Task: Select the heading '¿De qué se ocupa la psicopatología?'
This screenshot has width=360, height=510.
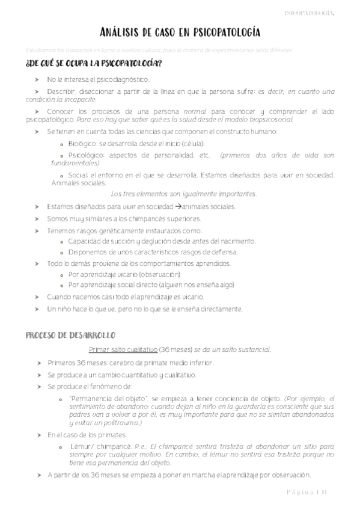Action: point(93,63)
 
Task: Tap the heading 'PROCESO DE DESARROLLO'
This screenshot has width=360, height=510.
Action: point(71,334)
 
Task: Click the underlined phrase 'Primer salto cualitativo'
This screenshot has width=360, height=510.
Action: point(123,349)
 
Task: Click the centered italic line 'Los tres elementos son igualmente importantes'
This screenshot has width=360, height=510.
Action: point(185,194)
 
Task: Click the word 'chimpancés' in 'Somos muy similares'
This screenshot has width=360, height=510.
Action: point(136,218)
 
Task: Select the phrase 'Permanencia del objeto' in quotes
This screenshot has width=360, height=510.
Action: point(106,398)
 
